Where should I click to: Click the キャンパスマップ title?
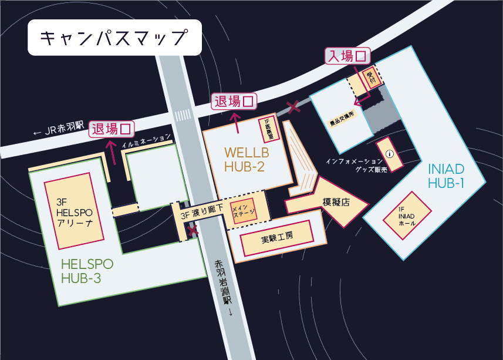click(114, 38)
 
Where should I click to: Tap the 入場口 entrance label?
click(349, 56)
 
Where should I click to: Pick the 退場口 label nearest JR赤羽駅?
click(112, 129)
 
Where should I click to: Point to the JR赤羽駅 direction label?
click(59, 129)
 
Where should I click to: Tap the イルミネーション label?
click(147, 142)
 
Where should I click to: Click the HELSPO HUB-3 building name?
click(87, 271)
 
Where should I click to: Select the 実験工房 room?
click(276, 238)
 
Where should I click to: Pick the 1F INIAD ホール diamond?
click(406, 216)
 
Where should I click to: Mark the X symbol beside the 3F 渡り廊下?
click(192, 231)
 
